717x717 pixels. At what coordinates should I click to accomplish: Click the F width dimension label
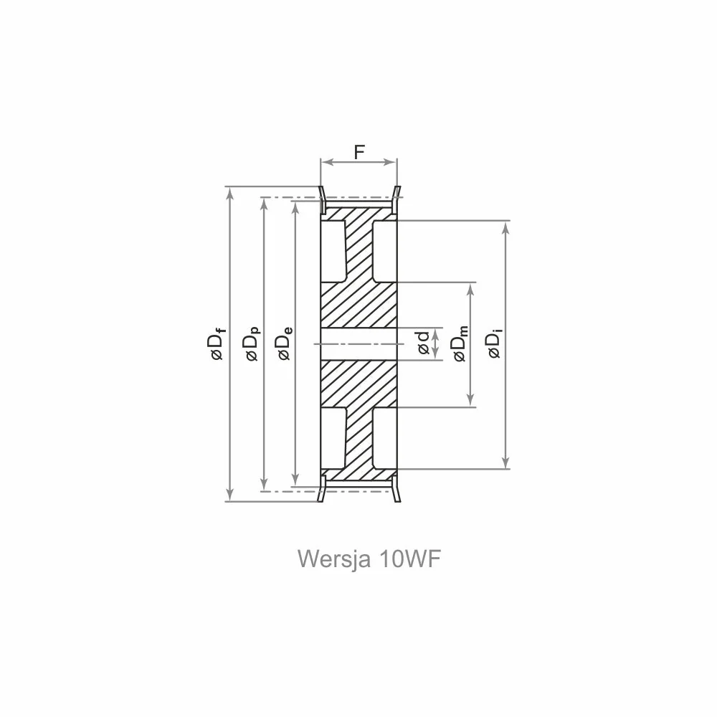359,151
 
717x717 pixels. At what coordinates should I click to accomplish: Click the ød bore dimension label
424,343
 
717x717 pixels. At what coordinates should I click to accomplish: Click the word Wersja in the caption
333,559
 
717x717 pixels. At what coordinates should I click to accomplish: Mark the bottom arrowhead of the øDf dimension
230,495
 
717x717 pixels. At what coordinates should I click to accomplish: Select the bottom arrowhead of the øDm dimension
471,401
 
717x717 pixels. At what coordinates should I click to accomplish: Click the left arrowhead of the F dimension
326,162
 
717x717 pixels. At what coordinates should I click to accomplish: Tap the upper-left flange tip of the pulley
320,186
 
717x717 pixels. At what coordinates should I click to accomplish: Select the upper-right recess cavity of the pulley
384,251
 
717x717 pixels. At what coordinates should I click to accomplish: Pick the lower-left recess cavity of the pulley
333,438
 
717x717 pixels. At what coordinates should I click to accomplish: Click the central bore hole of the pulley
358,344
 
